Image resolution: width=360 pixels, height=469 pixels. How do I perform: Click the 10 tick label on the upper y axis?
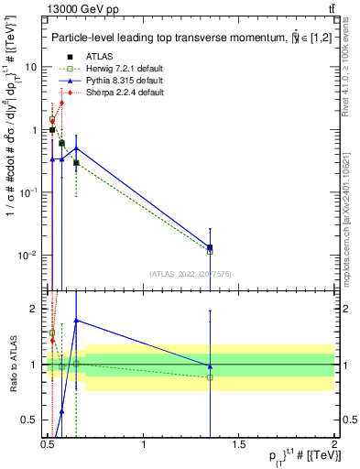[31, 68]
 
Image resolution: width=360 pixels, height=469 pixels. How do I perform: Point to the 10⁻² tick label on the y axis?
[27, 255]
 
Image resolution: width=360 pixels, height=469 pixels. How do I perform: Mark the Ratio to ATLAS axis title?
[13, 364]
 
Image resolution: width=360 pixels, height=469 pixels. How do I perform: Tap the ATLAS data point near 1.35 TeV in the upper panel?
[210, 247]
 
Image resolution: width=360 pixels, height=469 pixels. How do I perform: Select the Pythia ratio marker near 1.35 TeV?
[210, 365]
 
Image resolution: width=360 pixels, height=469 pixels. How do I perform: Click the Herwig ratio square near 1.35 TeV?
[210, 376]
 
